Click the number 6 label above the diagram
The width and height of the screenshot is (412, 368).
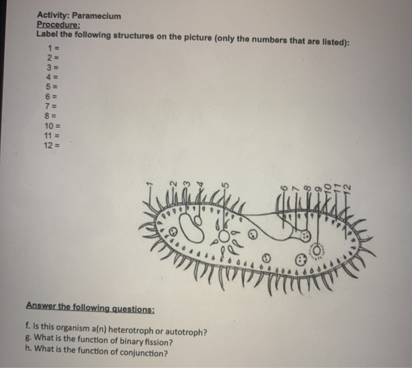[284, 188]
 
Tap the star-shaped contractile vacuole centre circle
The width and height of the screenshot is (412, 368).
[223, 236]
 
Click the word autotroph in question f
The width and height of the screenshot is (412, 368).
[185, 331]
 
